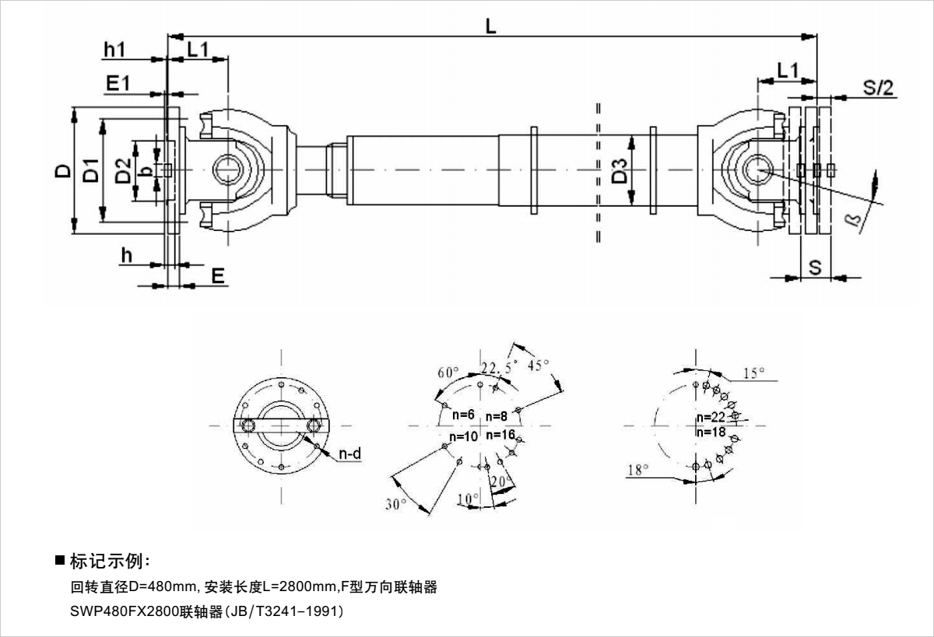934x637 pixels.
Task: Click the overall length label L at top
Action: [x=490, y=25]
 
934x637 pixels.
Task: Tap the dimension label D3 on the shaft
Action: [x=620, y=170]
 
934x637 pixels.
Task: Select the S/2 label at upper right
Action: [x=879, y=87]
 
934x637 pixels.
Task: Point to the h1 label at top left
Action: [x=114, y=49]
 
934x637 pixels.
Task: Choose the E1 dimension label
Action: [x=118, y=84]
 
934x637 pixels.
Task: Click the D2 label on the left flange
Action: [x=122, y=171]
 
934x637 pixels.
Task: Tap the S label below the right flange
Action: [x=815, y=268]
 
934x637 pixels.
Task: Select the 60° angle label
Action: [x=448, y=372]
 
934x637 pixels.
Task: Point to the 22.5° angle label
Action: [x=499, y=368]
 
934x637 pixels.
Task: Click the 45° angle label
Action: [x=539, y=364]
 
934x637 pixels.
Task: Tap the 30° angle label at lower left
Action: [x=396, y=504]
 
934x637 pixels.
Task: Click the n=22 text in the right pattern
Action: [x=711, y=417]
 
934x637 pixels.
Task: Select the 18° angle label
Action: [x=637, y=469]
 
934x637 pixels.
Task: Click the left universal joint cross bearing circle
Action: [x=229, y=169]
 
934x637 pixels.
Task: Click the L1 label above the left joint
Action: [x=198, y=49]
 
